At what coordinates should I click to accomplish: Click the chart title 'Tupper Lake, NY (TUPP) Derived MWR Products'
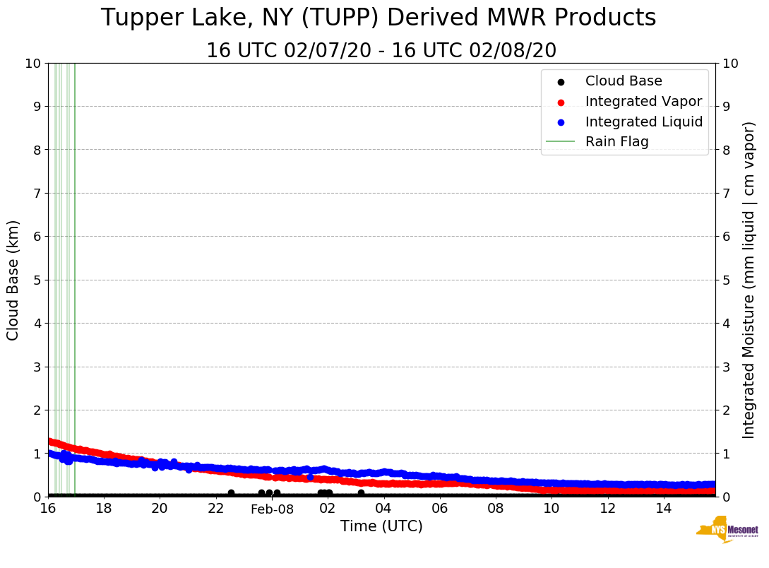[x=378, y=18]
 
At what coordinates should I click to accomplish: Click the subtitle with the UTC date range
[x=381, y=51]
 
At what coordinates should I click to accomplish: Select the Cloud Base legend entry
[x=623, y=81]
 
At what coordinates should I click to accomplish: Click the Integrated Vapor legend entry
[x=643, y=101]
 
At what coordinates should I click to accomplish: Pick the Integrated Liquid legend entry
[x=643, y=122]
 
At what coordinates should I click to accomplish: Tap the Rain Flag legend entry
[x=616, y=141]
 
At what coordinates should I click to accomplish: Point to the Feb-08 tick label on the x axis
[x=272, y=509]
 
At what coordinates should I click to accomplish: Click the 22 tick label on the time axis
[x=215, y=509]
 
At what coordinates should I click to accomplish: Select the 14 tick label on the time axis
[x=663, y=509]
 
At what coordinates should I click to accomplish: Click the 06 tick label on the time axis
[x=439, y=509]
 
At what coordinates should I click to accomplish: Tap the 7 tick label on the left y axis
[x=37, y=193]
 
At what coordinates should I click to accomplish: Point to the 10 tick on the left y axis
[x=33, y=64]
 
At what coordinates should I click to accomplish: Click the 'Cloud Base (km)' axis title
[x=13, y=280]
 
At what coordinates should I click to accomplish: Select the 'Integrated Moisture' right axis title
[x=749, y=280]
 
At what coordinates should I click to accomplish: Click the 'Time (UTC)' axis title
[x=381, y=526]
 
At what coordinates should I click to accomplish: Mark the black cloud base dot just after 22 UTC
[x=231, y=493]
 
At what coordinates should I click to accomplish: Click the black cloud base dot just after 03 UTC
[x=361, y=493]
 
